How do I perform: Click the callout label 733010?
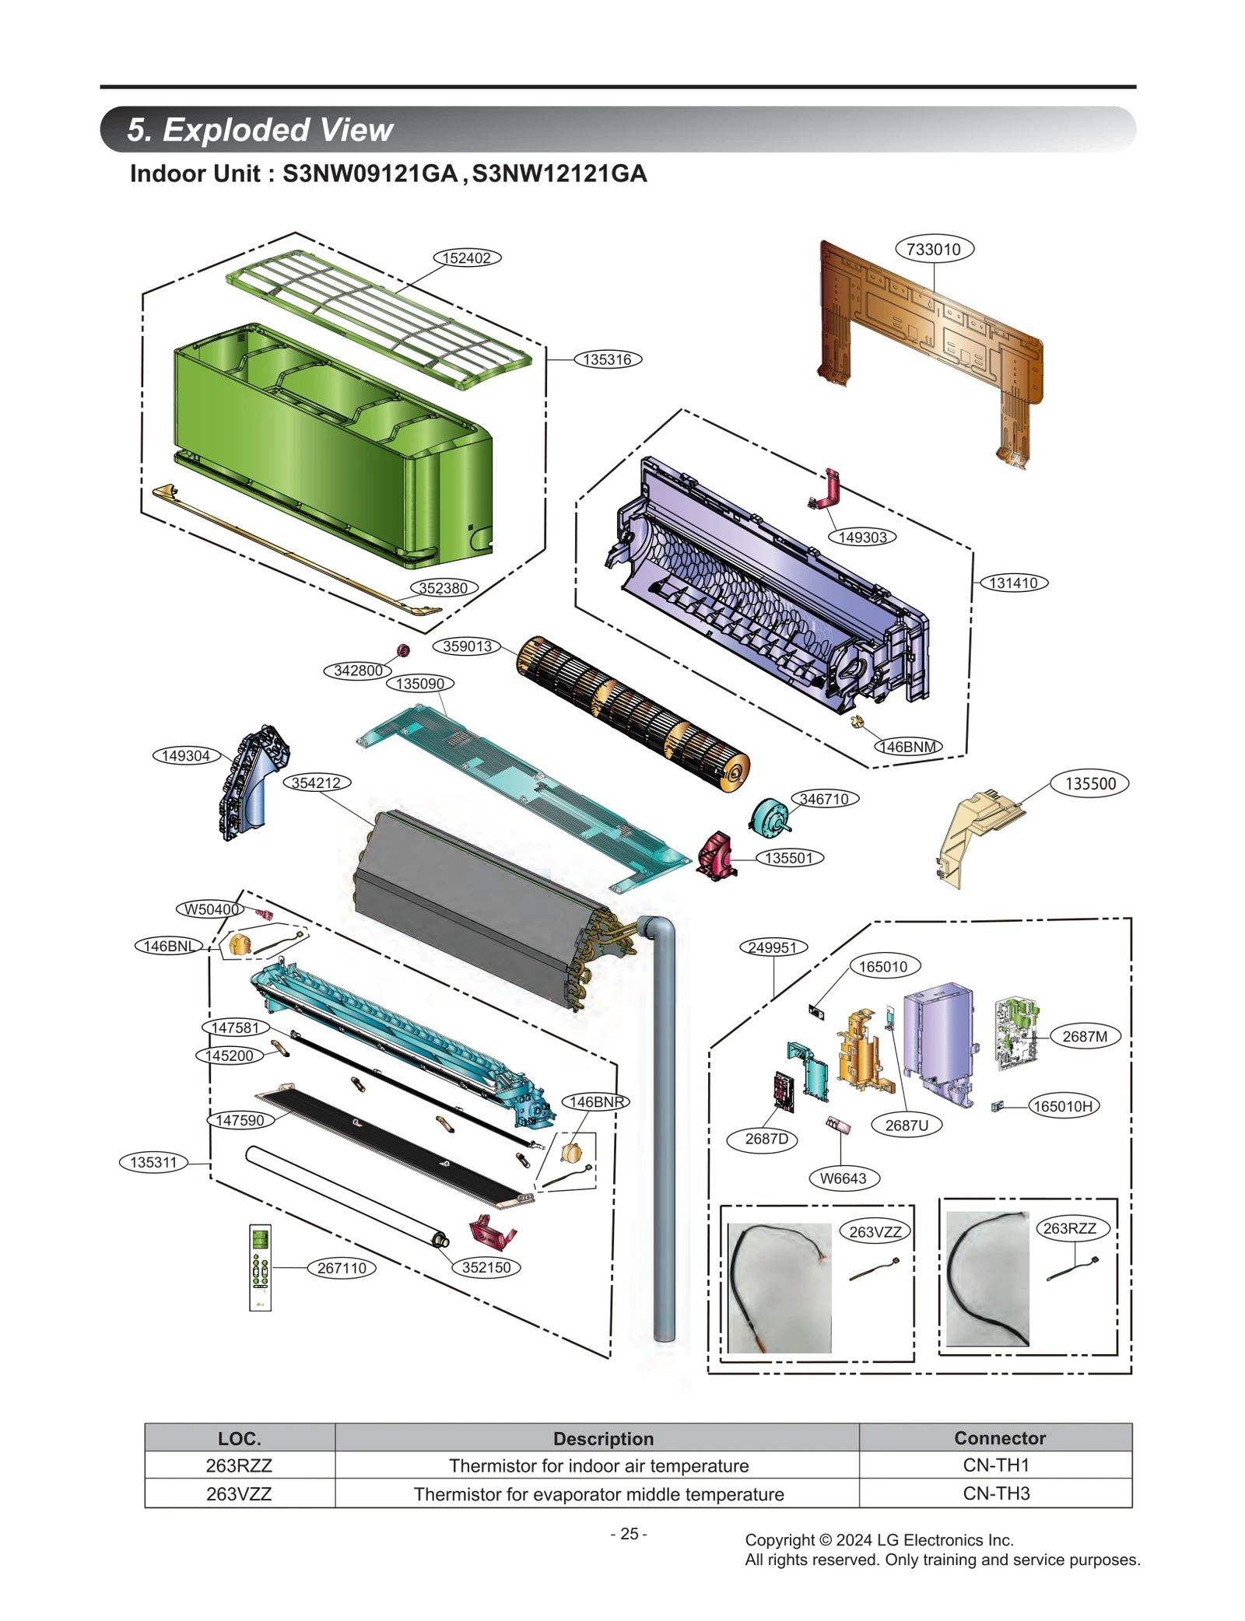[x=934, y=249]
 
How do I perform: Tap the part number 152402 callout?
[x=466, y=258]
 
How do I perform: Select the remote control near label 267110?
[x=260, y=1267]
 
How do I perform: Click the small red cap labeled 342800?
[x=403, y=650]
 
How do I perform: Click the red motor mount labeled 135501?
[x=716, y=857]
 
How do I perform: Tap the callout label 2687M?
[x=1084, y=1036]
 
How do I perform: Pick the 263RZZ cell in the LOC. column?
[x=239, y=1465]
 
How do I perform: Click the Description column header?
[x=603, y=1438]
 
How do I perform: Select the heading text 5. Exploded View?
[x=260, y=130]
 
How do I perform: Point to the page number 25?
[x=629, y=1534]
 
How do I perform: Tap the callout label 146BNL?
[x=168, y=946]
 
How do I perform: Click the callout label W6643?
[x=843, y=1178]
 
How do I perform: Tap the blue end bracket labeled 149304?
[x=251, y=782]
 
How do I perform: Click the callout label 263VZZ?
[x=875, y=1232]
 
